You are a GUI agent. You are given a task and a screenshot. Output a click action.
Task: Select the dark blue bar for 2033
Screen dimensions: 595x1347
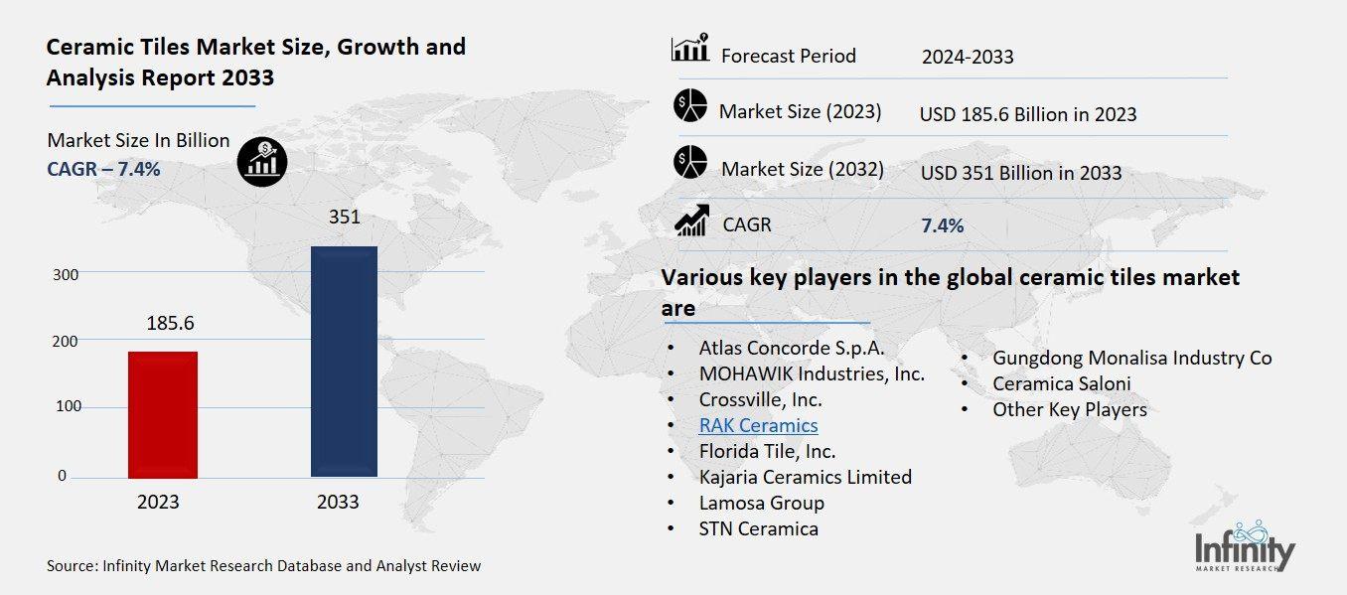point(344,362)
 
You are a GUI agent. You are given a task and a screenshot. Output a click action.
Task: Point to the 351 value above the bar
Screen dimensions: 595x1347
point(344,217)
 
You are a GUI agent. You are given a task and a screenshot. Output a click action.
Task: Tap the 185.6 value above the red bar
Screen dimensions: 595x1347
point(170,323)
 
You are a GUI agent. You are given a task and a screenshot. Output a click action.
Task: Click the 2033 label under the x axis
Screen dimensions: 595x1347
point(338,502)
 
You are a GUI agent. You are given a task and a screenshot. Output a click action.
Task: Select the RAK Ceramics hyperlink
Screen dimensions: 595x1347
point(758,425)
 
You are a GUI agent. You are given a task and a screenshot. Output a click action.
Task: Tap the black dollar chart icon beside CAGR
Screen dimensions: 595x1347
point(262,161)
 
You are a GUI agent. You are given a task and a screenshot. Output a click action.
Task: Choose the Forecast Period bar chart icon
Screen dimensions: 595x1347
point(689,49)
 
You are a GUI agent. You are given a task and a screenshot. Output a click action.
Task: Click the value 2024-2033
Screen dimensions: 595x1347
point(967,57)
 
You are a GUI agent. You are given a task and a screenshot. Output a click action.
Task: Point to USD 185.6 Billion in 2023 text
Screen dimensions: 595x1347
point(1027,114)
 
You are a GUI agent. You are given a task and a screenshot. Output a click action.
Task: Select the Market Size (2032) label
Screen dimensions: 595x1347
point(802,169)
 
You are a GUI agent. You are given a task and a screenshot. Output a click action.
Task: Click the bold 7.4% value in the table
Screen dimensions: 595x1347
point(942,225)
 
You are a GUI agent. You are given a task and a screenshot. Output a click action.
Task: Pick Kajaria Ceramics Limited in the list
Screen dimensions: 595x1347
point(805,477)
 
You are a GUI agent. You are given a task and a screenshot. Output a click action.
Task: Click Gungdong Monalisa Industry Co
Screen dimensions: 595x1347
point(1131,358)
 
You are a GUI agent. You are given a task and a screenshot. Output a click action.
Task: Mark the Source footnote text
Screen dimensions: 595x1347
point(263,566)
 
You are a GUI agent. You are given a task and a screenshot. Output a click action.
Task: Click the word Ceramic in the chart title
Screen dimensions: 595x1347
point(86,47)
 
